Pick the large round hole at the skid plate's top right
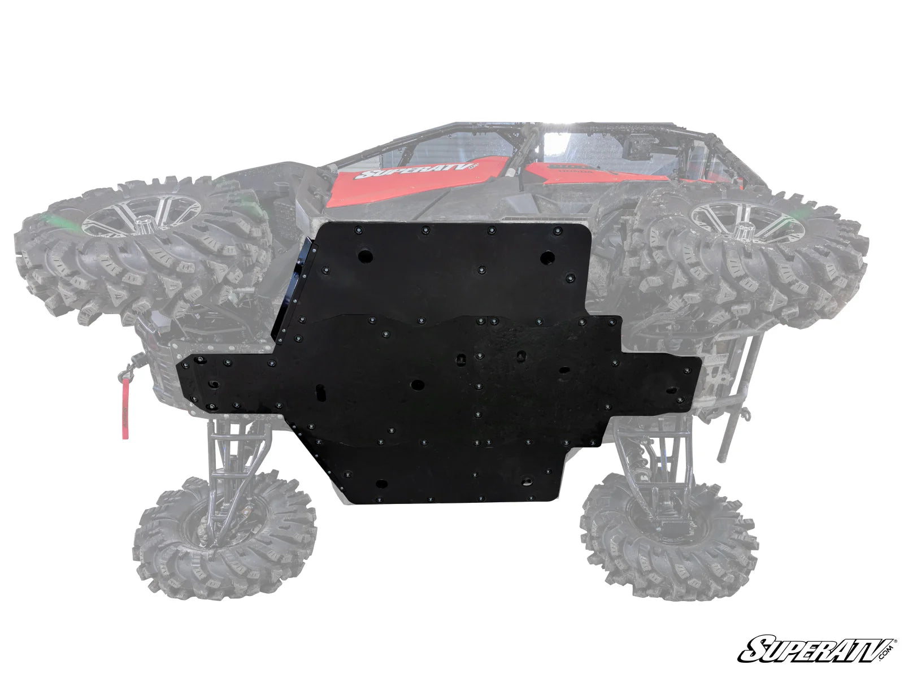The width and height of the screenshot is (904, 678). (546, 258)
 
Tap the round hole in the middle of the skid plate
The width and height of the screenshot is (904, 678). (418, 385)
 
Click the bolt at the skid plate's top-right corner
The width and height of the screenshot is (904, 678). (558, 231)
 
